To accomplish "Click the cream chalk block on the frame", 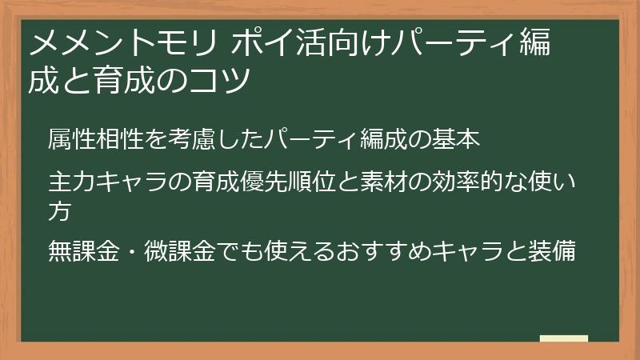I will pos(564,338).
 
